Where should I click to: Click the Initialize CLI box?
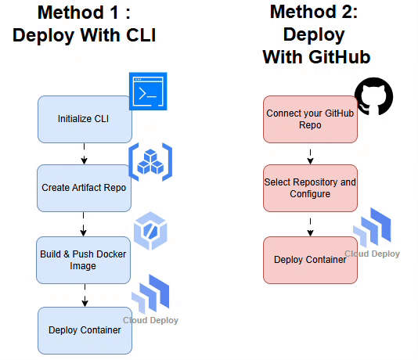85,120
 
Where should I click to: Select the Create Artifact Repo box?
84,188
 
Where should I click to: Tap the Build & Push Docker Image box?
84,260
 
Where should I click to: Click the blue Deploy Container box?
85,330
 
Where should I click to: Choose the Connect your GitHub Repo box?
310,120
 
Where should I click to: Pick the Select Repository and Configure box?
310,188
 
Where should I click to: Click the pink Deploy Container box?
310,260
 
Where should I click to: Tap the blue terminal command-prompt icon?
148,91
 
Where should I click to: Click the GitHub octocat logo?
373,96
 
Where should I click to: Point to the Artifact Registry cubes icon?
150,162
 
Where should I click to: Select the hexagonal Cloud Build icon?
150,231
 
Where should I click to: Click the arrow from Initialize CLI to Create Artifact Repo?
85,154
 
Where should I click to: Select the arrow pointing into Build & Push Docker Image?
84,225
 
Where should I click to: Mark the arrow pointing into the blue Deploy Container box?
85,296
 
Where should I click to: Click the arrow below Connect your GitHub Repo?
310,157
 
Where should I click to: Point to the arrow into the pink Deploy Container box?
310,227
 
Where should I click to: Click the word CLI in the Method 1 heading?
141,35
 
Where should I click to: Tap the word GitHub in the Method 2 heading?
340,57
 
